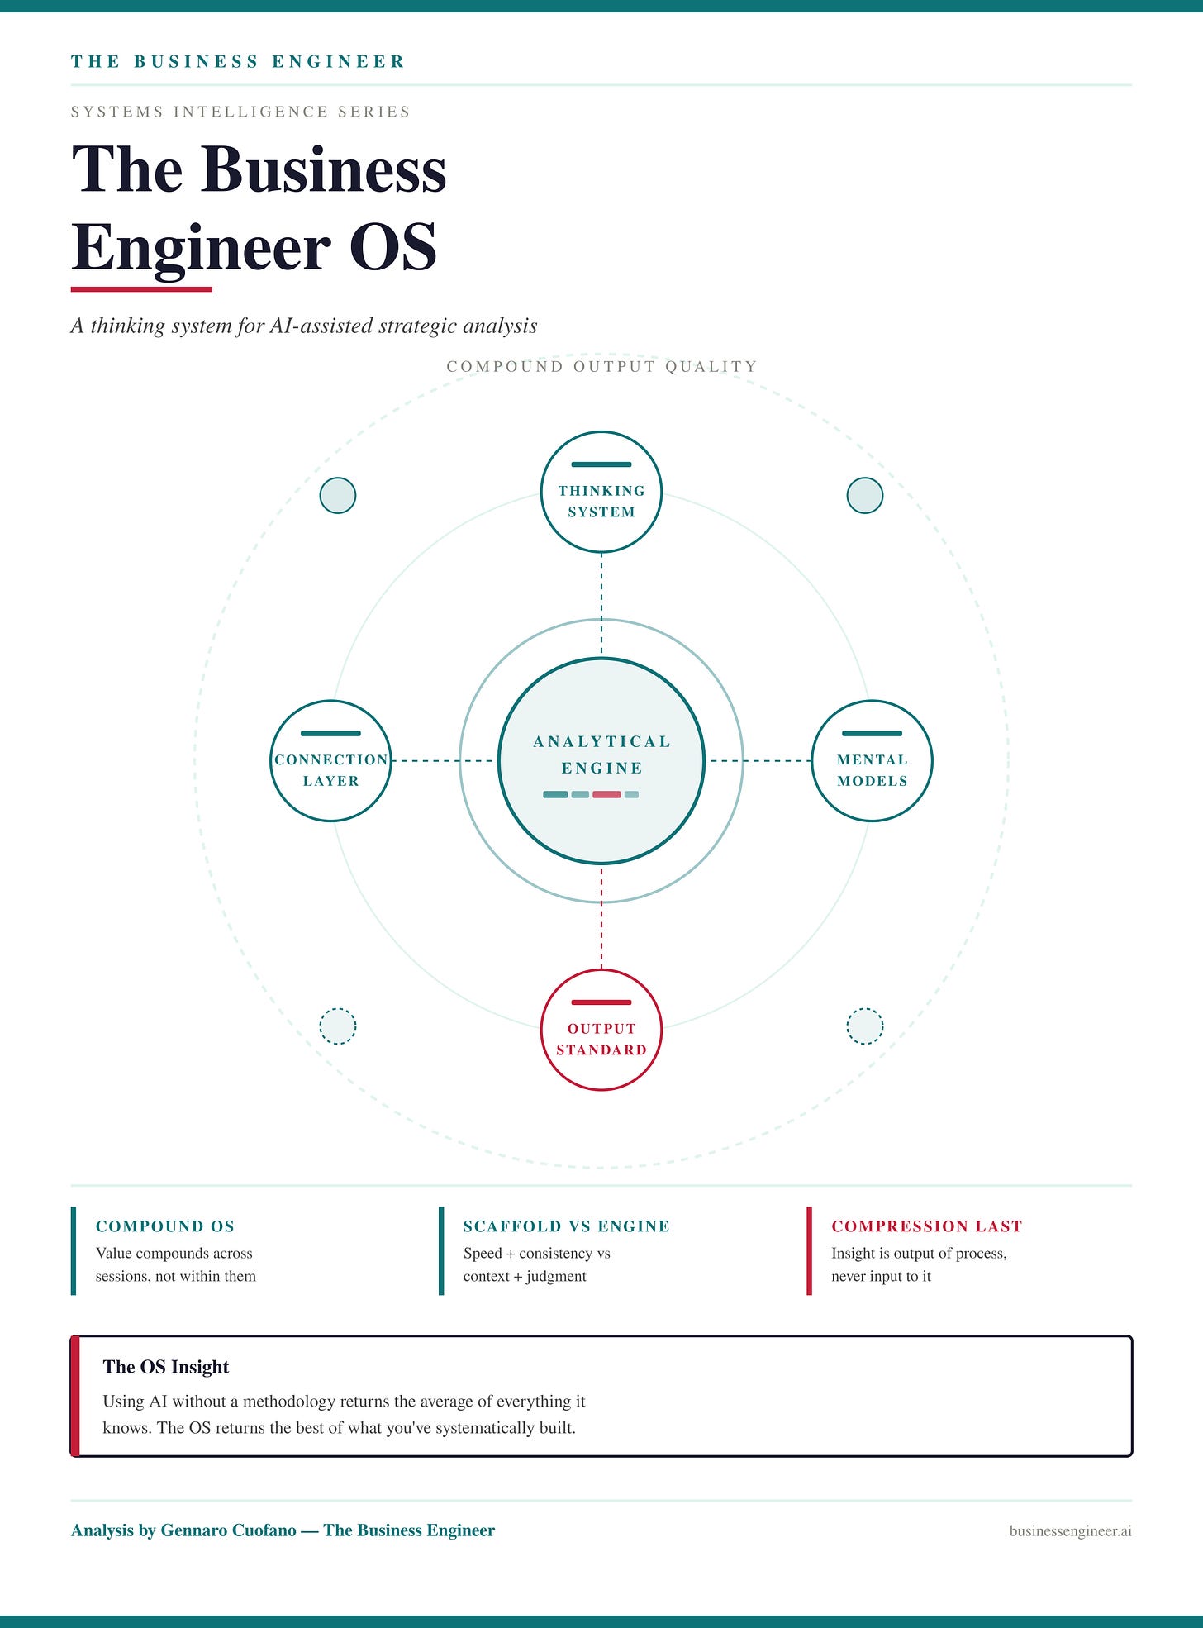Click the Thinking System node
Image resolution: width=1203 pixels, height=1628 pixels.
[x=601, y=492]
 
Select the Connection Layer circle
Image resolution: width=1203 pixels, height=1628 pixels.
[x=330, y=761]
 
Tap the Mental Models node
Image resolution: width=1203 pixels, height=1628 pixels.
[x=872, y=761]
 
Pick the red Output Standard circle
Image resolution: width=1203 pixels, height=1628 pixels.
[x=601, y=1030]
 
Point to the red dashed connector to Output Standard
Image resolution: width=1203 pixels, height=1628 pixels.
[x=601, y=917]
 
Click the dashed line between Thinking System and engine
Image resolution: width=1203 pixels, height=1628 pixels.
[x=601, y=603]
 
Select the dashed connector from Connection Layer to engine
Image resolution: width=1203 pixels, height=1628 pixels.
[x=442, y=760]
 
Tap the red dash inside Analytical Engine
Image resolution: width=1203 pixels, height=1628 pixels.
[x=606, y=795]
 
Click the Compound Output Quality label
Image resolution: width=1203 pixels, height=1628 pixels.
[x=601, y=366]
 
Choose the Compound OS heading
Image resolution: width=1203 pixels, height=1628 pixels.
[x=165, y=1226]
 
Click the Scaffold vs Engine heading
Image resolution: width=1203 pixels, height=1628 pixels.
[x=566, y=1226]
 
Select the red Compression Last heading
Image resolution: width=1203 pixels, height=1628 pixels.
[x=926, y=1226]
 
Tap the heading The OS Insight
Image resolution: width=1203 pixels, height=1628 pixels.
[x=165, y=1367]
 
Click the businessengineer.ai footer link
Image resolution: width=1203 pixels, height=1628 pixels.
[x=1070, y=1531]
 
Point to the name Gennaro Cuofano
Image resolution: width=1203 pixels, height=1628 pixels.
[x=228, y=1530]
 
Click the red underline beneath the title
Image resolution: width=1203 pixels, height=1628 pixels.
[x=141, y=288]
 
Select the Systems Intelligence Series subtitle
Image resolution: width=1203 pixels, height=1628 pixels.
[x=240, y=112]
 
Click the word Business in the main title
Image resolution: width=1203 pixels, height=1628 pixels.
[x=323, y=169]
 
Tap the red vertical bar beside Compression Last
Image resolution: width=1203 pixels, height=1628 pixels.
[x=809, y=1250]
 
